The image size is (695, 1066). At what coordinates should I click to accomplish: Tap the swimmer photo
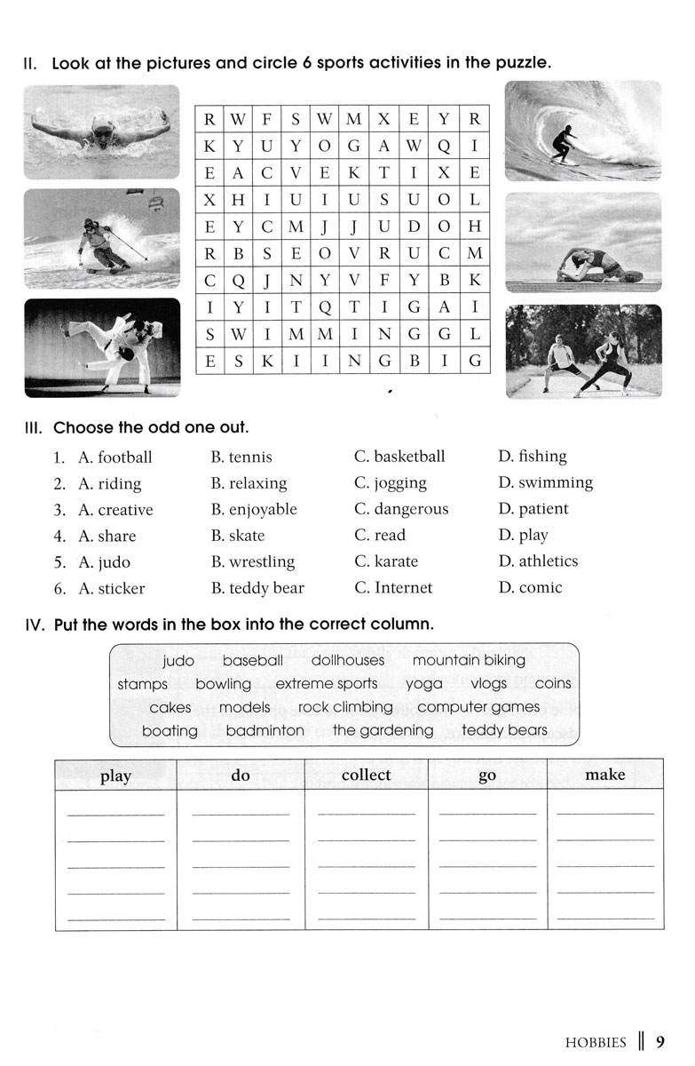101,131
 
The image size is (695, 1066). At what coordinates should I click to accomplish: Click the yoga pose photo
583,243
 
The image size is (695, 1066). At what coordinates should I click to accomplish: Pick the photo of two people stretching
583,352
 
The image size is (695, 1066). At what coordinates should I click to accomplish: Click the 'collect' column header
366,775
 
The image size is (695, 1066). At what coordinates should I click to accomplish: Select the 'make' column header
605,775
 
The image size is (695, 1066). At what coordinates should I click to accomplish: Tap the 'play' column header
115,776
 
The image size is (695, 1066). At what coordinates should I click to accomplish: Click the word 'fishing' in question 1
542,457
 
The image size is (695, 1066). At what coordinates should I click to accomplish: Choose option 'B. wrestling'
253,561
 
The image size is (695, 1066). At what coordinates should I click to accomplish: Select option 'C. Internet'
393,587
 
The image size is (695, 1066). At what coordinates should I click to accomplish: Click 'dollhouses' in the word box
348,660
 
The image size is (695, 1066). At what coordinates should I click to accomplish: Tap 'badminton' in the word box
265,730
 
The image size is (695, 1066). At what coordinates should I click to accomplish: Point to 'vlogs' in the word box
488,683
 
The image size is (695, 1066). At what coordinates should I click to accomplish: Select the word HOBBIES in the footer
595,1042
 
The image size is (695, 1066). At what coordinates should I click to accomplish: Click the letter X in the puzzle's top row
383,119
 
